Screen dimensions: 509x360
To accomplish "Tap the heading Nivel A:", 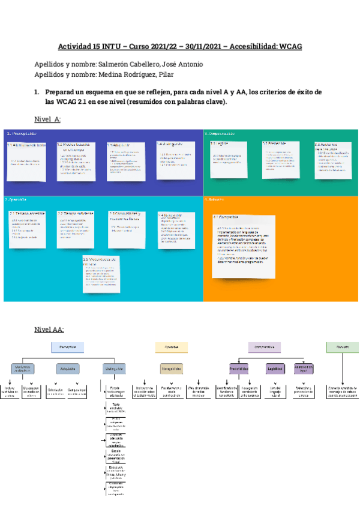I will pos(47,119).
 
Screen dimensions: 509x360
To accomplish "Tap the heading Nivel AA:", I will pos(49,329).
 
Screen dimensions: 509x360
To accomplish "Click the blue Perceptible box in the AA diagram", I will pos(68,347).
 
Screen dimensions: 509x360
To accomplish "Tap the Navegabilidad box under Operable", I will pos(172,369).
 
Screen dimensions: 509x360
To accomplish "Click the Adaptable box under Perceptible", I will pos(68,369).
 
